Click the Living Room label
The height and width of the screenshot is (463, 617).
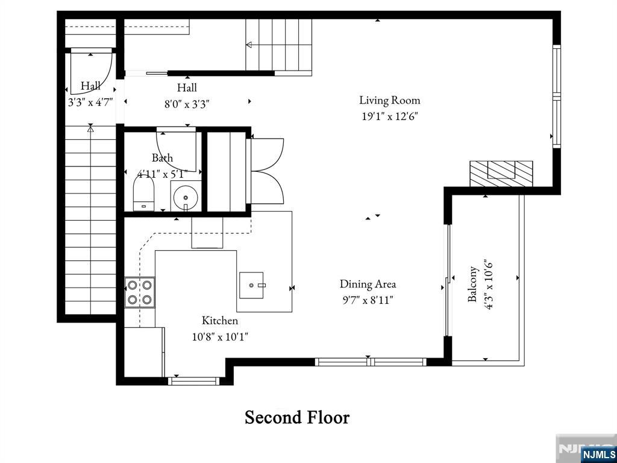tap(389, 100)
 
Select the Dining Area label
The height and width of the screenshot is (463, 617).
tap(368, 283)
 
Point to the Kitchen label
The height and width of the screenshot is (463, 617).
tap(219, 320)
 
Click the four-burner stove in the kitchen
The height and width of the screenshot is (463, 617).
tap(140, 292)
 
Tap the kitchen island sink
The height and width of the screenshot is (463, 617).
tap(252, 285)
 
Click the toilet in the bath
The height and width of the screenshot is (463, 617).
tap(143, 197)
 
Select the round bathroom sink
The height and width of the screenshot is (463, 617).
tap(185, 197)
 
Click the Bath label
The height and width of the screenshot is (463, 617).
tap(162, 158)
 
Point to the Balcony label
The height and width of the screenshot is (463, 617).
tap(474, 284)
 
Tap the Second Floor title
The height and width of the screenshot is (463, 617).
tap(297, 417)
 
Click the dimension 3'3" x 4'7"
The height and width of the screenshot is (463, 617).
tap(90, 102)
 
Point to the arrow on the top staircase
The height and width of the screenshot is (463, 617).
tap(249, 45)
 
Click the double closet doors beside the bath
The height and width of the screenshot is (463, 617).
tap(267, 171)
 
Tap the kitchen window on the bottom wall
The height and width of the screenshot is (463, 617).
tap(193, 380)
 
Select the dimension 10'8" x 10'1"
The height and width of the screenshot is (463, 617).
tap(220, 337)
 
